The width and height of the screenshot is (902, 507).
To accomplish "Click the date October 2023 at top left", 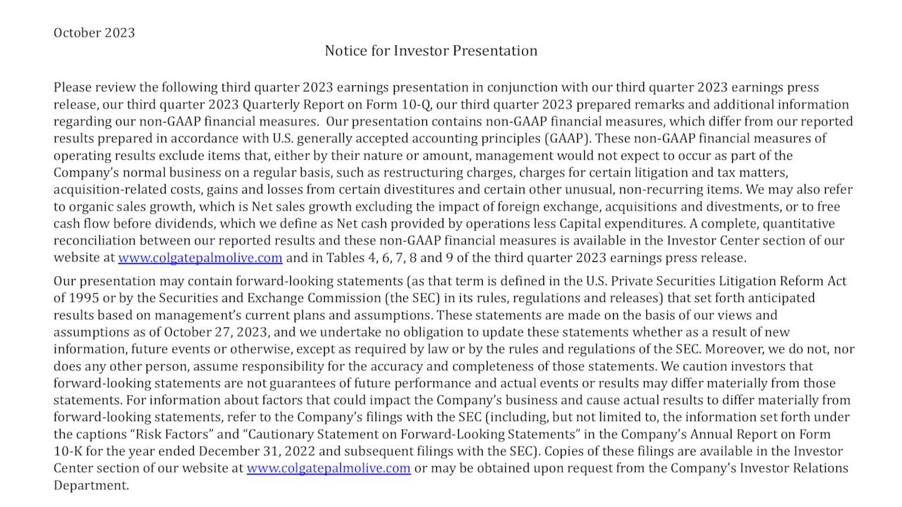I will coord(94,33).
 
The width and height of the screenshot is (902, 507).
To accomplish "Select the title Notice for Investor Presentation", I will coord(431,51).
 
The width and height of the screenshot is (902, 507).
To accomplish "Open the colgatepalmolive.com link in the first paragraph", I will coord(200,258).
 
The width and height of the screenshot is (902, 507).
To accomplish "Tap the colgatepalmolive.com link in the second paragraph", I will coord(328,468).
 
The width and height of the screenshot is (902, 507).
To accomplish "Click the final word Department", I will coord(92,485).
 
